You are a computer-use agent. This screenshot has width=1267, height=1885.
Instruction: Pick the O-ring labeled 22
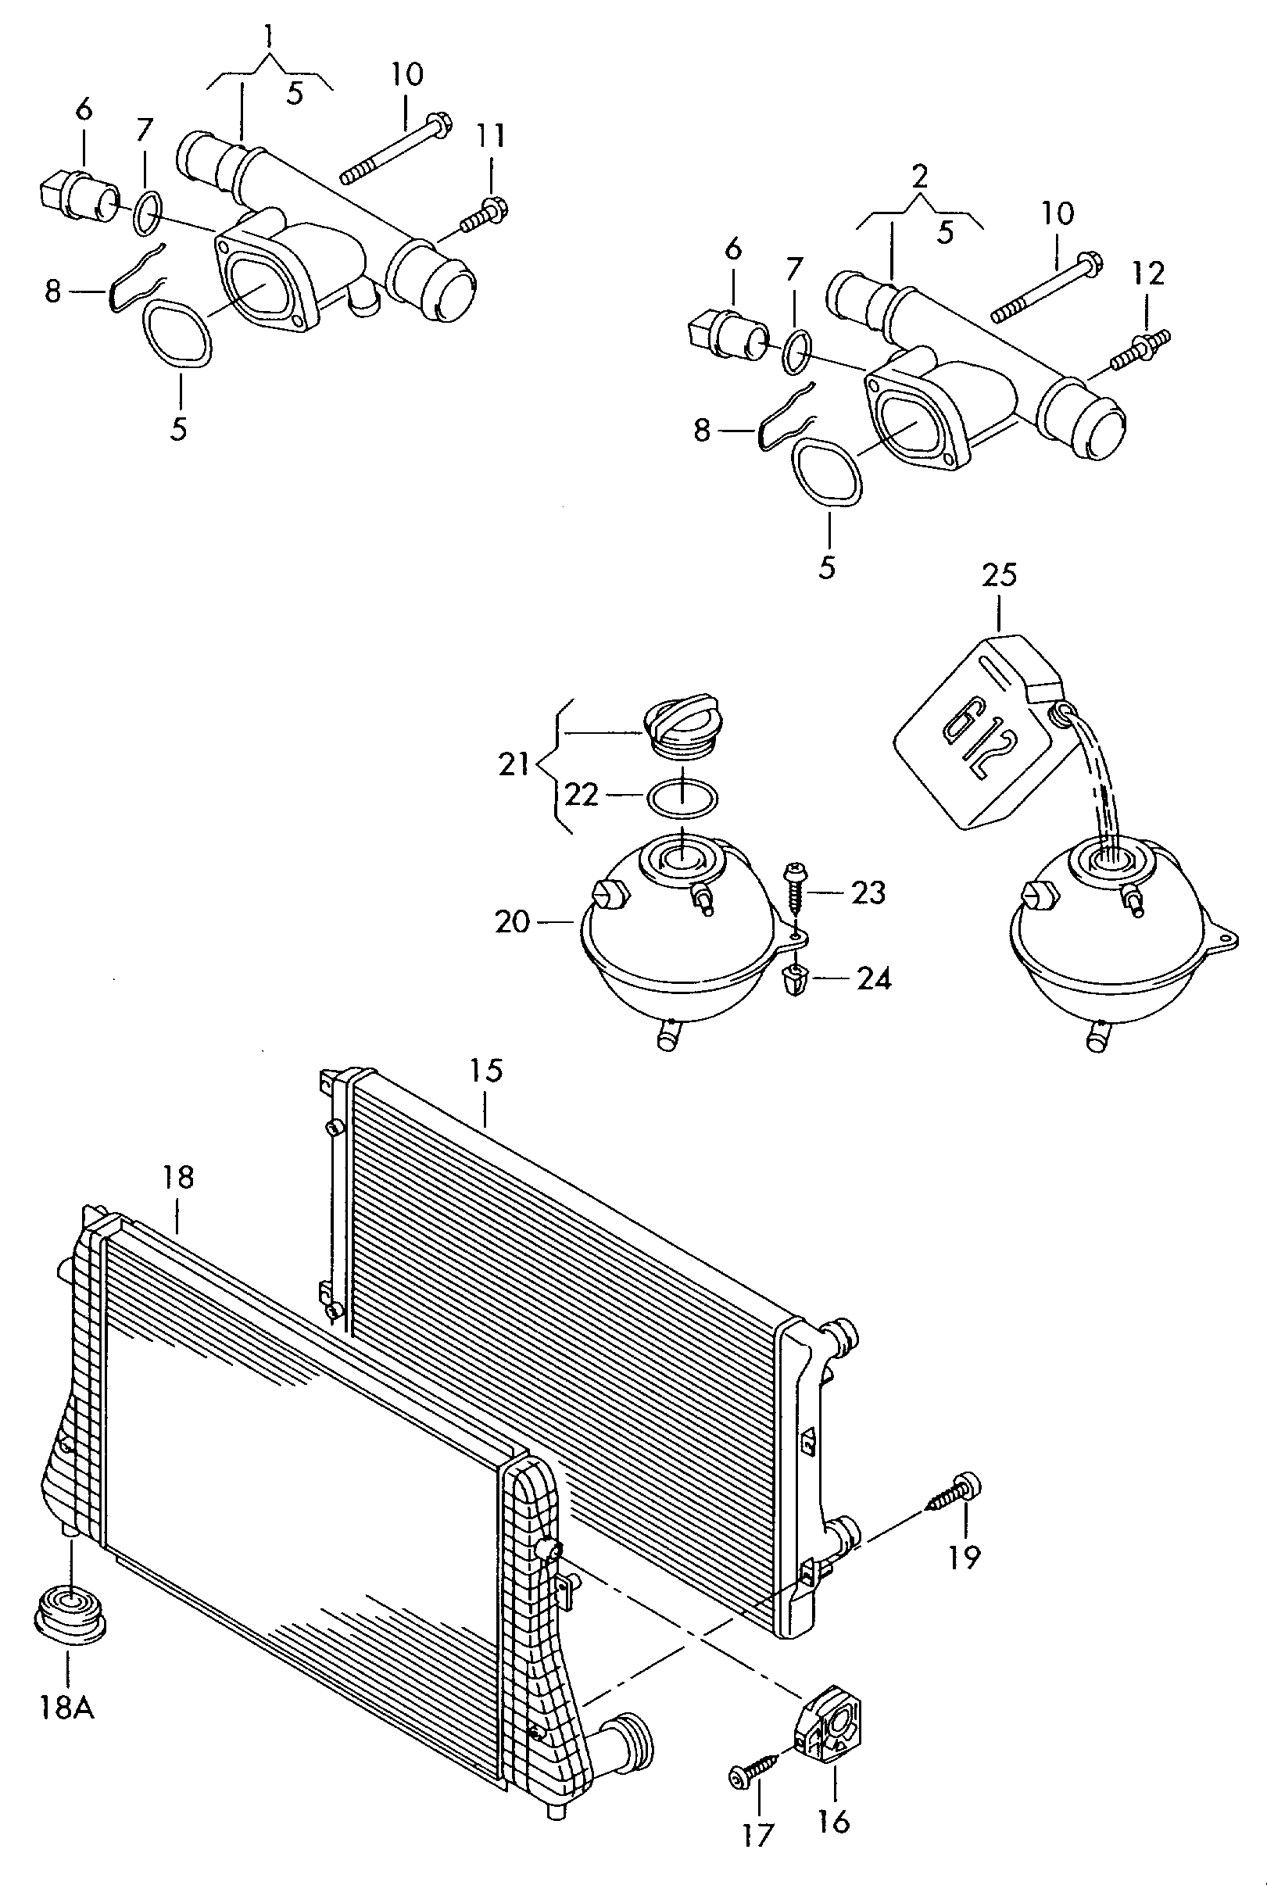pyautogui.click(x=682, y=798)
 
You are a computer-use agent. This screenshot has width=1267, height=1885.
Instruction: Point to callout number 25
pyautogui.click(x=1000, y=575)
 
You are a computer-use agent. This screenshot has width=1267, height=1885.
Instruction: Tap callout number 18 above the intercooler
pyautogui.click(x=177, y=1177)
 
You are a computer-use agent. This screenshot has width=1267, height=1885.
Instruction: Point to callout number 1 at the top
pyautogui.click(x=268, y=37)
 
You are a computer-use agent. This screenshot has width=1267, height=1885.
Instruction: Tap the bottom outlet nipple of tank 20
pyautogui.click(x=668, y=1035)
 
